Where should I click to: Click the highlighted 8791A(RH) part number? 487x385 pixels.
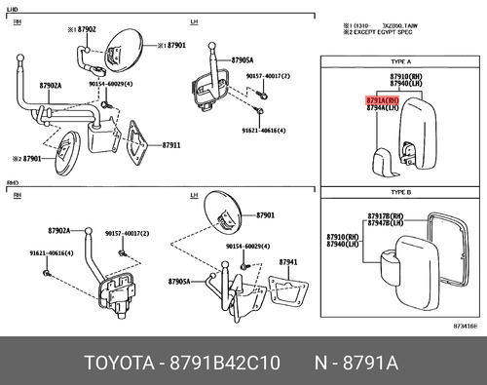pyautogui.click(x=354, y=99)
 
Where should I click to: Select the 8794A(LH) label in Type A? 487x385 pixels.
pyautogui.click(x=354, y=108)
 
